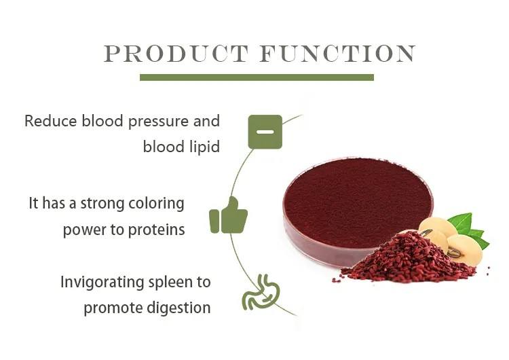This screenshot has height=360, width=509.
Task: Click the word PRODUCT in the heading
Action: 176,53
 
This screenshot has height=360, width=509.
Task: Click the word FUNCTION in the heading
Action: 337,53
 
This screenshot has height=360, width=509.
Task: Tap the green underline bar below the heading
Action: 257,77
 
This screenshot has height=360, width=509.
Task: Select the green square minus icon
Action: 265,132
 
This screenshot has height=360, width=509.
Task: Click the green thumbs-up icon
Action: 229,215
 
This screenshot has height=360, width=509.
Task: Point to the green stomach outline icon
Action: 261,291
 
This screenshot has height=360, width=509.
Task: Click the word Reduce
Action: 51,121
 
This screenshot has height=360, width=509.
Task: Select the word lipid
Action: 203,147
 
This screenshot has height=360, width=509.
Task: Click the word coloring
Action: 157,204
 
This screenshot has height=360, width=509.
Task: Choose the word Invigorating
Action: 102,283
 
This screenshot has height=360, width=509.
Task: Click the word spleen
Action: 168,283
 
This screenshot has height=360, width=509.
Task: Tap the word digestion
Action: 178,308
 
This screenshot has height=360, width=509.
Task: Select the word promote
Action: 113,308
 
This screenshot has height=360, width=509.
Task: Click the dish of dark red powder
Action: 358,208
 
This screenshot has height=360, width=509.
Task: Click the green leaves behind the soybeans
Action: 468,229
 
